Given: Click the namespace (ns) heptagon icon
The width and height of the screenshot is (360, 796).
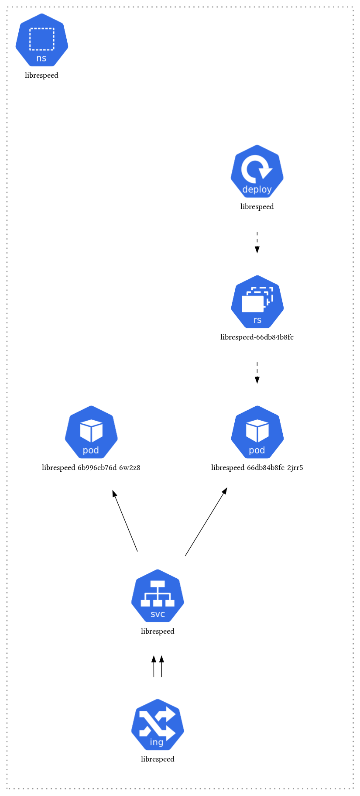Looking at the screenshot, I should click(x=42, y=40).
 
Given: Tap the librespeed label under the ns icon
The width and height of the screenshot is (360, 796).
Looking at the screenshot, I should click(x=41, y=75).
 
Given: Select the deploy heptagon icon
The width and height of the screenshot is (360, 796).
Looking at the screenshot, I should click(x=257, y=171).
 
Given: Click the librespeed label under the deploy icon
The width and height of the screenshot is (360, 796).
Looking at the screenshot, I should click(x=257, y=207).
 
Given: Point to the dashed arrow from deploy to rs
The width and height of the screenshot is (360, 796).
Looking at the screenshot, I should click(x=257, y=242).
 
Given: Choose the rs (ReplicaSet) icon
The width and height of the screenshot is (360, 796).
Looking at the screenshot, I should click(x=257, y=302).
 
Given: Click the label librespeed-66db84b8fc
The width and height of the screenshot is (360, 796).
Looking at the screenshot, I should click(x=257, y=337).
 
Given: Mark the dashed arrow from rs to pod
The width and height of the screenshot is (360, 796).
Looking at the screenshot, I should click(x=257, y=373).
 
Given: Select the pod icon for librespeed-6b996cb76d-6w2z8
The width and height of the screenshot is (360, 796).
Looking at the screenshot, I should click(x=91, y=432).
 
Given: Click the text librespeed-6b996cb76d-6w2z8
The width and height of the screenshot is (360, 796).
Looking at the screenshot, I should click(x=91, y=468).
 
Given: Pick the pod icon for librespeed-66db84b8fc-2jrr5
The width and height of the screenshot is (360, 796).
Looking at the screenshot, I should click(x=257, y=432).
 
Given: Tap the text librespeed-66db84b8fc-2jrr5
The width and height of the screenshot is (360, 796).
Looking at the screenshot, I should click(x=257, y=468).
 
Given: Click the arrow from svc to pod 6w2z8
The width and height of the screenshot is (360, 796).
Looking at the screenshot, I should click(x=125, y=521).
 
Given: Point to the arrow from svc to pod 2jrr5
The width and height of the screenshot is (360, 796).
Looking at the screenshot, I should click(x=206, y=522).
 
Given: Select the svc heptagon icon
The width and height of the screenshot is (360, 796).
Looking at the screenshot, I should click(x=158, y=596).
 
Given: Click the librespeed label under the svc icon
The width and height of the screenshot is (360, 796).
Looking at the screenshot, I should click(x=158, y=631).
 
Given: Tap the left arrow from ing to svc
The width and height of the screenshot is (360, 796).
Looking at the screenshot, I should click(x=154, y=666).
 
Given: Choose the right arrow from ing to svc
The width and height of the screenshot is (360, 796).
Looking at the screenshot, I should click(x=161, y=666).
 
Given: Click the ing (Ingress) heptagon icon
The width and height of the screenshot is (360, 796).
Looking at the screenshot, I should click(x=158, y=725).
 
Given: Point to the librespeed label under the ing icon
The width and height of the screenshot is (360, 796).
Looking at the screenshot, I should click(x=158, y=759).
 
